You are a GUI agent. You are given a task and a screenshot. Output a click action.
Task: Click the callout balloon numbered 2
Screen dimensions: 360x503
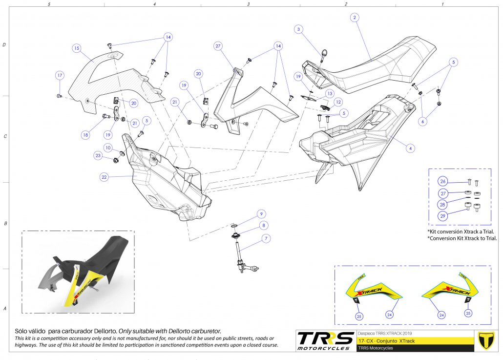[355, 18]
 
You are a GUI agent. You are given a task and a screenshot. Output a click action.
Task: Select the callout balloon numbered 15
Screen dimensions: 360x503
[76, 48]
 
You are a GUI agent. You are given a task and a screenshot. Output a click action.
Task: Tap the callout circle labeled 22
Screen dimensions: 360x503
[104, 177]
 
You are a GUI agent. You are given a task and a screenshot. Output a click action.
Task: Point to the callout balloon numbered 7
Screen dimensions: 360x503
[266, 238]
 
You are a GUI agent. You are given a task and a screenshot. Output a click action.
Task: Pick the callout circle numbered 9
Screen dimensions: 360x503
[262, 213]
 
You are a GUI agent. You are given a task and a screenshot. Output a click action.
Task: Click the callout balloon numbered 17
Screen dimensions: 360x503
[59, 76]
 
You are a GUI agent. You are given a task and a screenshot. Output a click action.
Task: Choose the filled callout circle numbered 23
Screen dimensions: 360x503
[98, 156]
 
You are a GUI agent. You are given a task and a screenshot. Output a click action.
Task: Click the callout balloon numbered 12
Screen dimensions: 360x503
[338, 102]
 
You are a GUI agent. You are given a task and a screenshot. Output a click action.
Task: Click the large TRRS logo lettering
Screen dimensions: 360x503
[325, 339]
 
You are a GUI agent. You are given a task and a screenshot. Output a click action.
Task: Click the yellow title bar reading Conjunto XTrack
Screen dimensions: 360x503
[415, 340]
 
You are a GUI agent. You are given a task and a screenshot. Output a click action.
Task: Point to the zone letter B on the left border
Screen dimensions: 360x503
[5, 223]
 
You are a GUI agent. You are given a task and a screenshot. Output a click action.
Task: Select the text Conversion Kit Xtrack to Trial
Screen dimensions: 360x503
[462, 238]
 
